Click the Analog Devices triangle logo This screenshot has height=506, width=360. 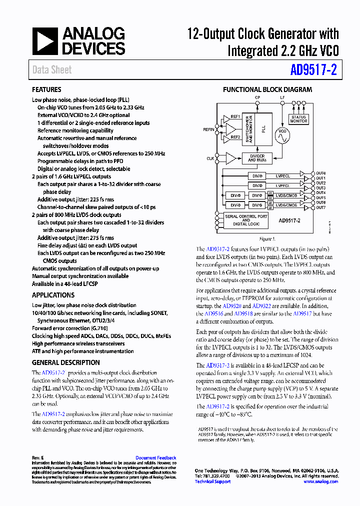coord(45,41)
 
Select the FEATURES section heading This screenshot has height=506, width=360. coord(46,90)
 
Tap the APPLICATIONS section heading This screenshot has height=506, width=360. coord(53,295)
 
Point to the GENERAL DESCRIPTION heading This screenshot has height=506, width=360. coord(65,362)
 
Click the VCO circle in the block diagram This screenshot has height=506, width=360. coord(282,135)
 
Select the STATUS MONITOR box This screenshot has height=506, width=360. coord(298,119)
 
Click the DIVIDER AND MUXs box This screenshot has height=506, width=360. coord(257,158)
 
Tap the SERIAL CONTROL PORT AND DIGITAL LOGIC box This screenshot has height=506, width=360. coord(246,220)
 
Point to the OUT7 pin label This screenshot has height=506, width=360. coord(320,207)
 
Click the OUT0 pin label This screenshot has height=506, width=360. coord(320,173)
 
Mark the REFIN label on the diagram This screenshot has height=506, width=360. coord(208,129)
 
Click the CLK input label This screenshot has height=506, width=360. coord(210,158)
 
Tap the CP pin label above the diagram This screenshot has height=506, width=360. coord(257,97)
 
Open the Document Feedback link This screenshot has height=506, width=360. coord(155,457)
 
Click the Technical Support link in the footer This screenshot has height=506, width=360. coord(212,481)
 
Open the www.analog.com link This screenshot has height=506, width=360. coord(320,481)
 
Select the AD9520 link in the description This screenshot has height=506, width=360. coord(231,306)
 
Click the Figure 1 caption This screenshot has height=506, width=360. coord(266,239)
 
